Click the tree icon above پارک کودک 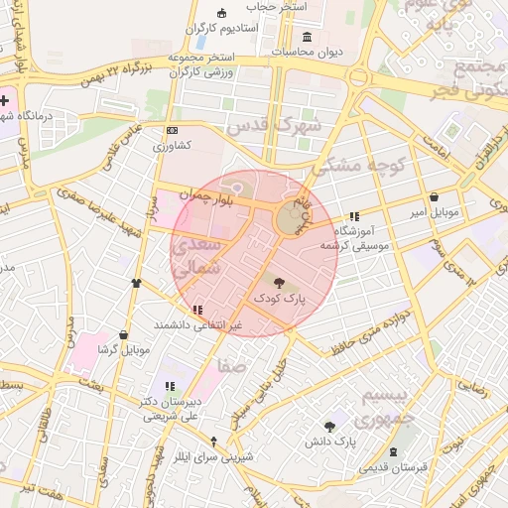[277, 283]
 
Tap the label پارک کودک [280, 298]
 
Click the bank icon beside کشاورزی [172, 130]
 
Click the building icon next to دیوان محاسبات [306, 37]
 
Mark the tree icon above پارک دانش [329, 426]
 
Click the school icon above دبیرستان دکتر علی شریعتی [170, 385]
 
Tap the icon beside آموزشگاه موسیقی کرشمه [353, 216]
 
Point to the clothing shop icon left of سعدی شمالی [135, 282]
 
